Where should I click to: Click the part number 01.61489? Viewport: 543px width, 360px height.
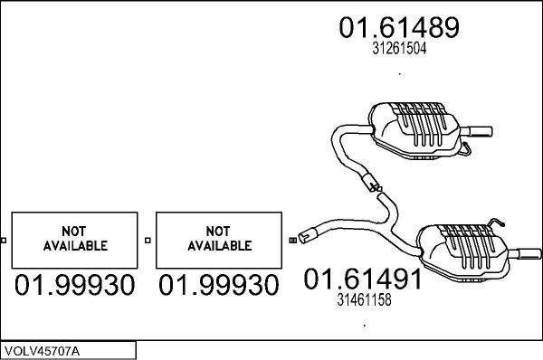click(x=399, y=27)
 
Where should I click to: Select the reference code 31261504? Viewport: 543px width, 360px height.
click(x=399, y=51)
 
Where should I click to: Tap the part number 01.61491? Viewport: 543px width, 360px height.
click(x=362, y=280)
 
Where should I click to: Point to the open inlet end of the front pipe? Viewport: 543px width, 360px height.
click(x=305, y=235)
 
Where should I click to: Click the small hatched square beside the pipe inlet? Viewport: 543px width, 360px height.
click(x=292, y=241)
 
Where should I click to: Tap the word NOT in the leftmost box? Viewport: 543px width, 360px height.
click(x=74, y=230)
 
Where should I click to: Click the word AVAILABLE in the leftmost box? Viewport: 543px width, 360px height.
click(x=74, y=245)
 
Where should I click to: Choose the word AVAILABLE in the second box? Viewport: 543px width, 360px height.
click(x=219, y=245)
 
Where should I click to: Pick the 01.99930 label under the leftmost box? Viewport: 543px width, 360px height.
click(x=74, y=286)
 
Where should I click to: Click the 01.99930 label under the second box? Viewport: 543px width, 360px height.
click(x=219, y=286)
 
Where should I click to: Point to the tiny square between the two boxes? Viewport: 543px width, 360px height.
click(x=148, y=241)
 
